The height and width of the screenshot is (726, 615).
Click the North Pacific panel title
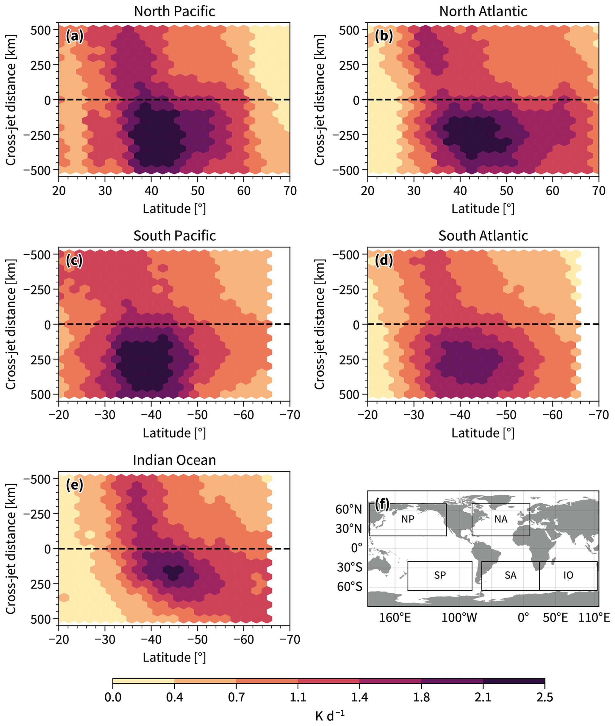pos(174,12)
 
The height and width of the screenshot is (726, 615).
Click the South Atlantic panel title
pos(483,236)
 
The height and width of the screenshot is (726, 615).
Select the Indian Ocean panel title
pos(174,460)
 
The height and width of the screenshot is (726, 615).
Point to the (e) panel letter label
pos(74,485)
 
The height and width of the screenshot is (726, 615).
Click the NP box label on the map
pos(408,519)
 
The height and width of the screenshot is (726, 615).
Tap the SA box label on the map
pos(510,575)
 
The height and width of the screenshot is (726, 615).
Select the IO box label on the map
pos(568,575)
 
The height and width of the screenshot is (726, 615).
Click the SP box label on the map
pos(440,575)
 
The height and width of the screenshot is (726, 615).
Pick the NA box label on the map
pos(501,519)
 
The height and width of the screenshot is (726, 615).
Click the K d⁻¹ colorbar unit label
pos(329,715)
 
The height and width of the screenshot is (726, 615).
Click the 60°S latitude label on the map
pos(349,587)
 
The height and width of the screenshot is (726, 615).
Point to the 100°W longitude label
pos(459,618)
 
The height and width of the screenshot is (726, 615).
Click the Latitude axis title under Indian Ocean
pos(174,657)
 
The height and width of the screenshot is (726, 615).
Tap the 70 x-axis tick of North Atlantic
pos(599,191)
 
